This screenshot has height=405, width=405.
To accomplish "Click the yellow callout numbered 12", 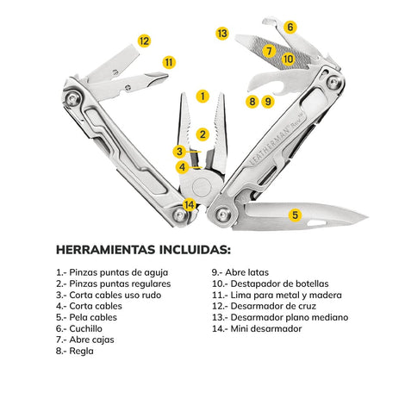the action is click(x=144, y=40).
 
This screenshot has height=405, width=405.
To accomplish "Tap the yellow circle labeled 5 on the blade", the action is click(x=295, y=215).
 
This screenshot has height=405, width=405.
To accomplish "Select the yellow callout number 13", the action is click(x=222, y=34).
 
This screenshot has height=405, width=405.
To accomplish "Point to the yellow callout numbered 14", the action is click(x=190, y=205).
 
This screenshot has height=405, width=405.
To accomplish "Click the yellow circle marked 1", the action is click(x=202, y=97).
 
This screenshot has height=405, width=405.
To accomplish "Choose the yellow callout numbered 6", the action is click(x=290, y=27).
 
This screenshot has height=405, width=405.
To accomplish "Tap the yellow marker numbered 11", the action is click(x=169, y=62).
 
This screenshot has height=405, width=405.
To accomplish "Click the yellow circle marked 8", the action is click(x=252, y=102).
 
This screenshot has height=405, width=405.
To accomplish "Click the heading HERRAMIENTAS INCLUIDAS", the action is click(x=143, y=250).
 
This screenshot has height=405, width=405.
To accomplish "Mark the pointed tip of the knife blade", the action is click(x=367, y=216).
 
